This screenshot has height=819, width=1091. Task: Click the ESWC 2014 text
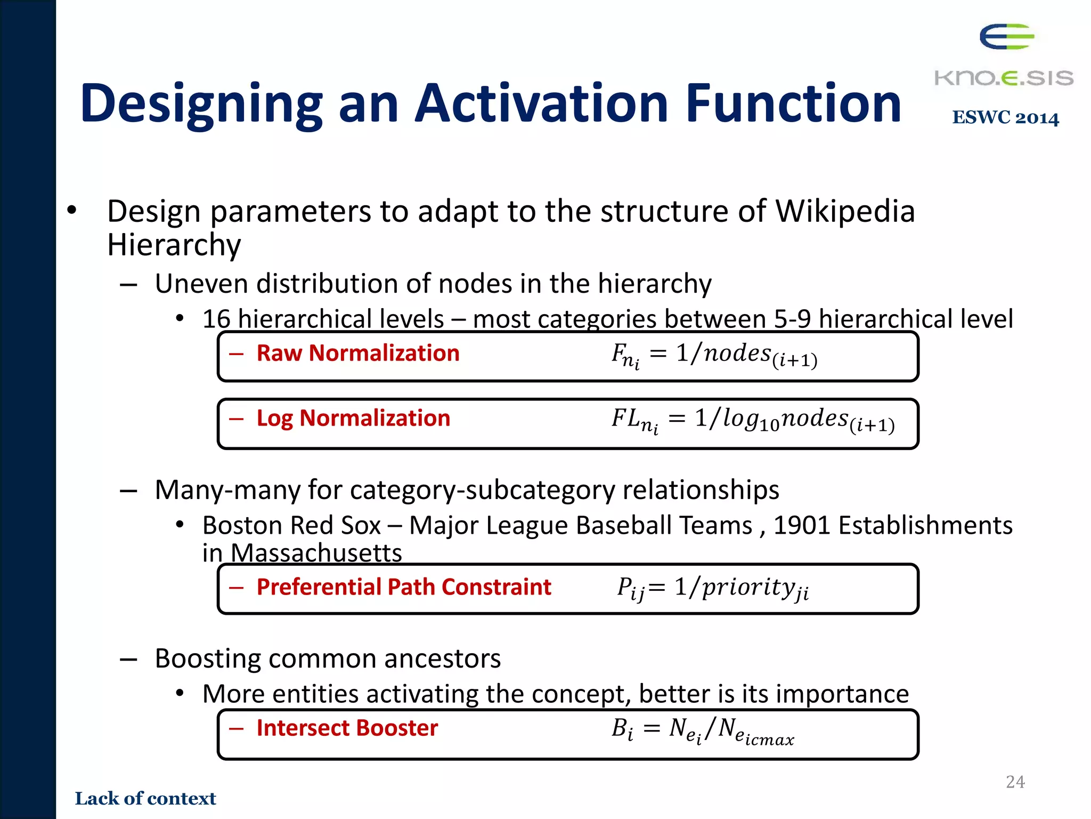click(x=1005, y=118)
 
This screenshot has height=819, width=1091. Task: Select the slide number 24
click(x=1015, y=782)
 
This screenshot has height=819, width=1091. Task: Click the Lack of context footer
click(x=145, y=798)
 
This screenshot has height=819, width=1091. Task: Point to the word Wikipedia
click(x=845, y=211)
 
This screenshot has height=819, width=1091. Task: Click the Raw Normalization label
click(x=357, y=354)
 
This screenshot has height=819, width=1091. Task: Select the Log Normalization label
click(x=353, y=419)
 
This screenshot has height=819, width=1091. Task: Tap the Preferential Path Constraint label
click(x=403, y=587)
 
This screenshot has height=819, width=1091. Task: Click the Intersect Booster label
click(x=347, y=728)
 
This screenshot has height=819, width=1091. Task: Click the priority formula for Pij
click(x=713, y=589)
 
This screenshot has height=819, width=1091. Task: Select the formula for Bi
click(x=702, y=730)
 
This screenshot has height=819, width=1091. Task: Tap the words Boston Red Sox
click(x=291, y=526)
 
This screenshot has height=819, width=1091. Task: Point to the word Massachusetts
click(x=316, y=553)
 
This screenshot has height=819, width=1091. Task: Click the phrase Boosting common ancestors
click(x=328, y=659)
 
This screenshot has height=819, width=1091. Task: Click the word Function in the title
click(x=793, y=104)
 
